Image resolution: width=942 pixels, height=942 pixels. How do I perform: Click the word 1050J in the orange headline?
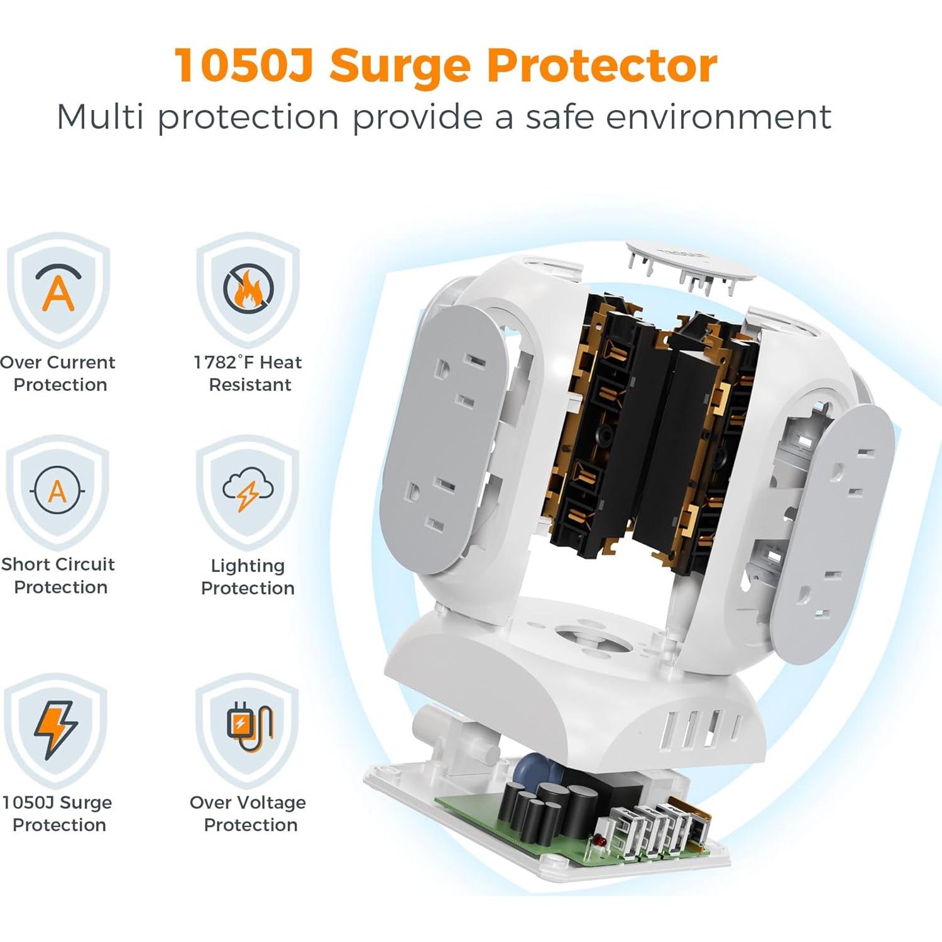243,65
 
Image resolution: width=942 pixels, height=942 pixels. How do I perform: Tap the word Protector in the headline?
601,65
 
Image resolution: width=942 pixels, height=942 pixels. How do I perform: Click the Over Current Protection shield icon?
58,289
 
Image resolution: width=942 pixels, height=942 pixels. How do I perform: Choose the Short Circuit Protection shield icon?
58,491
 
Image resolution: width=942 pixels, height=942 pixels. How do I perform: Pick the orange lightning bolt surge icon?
56,728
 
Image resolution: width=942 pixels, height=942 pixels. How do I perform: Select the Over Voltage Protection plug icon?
248,728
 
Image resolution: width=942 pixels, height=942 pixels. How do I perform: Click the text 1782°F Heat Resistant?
248,373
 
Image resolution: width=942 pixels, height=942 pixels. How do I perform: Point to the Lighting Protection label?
248,576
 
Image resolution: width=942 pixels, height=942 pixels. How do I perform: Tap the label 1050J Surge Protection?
58,813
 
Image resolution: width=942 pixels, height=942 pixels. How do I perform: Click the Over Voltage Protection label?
248,813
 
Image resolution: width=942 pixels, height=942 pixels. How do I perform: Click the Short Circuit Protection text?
58,575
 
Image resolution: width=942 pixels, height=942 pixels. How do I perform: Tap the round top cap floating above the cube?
691,260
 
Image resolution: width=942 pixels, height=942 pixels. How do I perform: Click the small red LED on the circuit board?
598,841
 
